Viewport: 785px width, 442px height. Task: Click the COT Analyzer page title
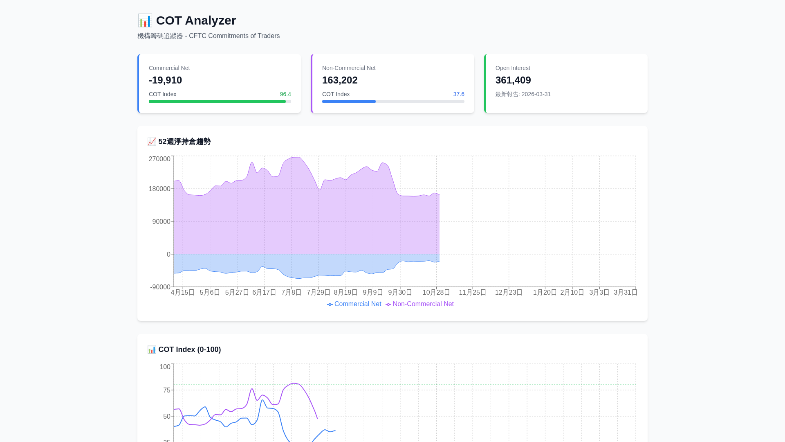[x=195, y=20]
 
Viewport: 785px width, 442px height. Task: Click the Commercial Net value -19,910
[x=165, y=80]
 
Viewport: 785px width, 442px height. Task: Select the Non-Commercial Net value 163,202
[x=339, y=80]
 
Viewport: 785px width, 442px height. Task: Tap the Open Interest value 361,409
[x=513, y=80]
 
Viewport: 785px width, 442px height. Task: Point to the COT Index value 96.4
[x=285, y=94]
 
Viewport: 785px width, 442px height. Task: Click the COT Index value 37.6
[x=458, y=94]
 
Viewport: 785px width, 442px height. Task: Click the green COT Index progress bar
[x=217, y=101]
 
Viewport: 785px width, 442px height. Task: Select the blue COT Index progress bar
[x=349, y=101]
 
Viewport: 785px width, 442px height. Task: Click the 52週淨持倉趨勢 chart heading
[x=184, y=142]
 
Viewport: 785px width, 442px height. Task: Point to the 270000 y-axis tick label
[x=159, y=159]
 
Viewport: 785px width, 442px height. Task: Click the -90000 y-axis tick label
[x=160, y=287]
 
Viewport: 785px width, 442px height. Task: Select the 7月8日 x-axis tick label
[x=291, y=292]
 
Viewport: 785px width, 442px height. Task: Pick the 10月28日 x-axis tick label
[x=436, y=292]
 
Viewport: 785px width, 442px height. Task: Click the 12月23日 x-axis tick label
[x=509, y=292]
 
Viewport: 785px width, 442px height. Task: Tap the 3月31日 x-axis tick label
[x=626, y=292]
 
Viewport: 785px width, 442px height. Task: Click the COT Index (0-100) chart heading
[x=189, y=350]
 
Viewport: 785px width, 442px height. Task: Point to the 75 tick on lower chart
[x=167, y=390]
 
